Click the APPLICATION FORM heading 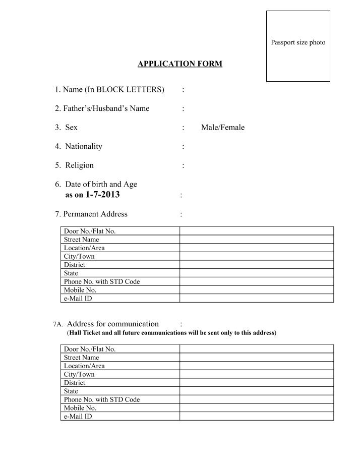point(180,64)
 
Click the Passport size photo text point(298,42)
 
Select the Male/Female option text point(222,128)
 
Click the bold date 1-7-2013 point(103,195)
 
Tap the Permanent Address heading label point(91,214)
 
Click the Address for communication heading point(112,324)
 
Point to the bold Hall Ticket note point(171,333)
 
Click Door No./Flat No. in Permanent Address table point(89,231)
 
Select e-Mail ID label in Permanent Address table point(78,298)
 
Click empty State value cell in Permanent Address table point(257,273)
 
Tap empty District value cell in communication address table point(257,383)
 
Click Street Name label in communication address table point(81,358)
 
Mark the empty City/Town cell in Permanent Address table point(257,256)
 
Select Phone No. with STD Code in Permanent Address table point(101,281)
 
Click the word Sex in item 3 point(71,128)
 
